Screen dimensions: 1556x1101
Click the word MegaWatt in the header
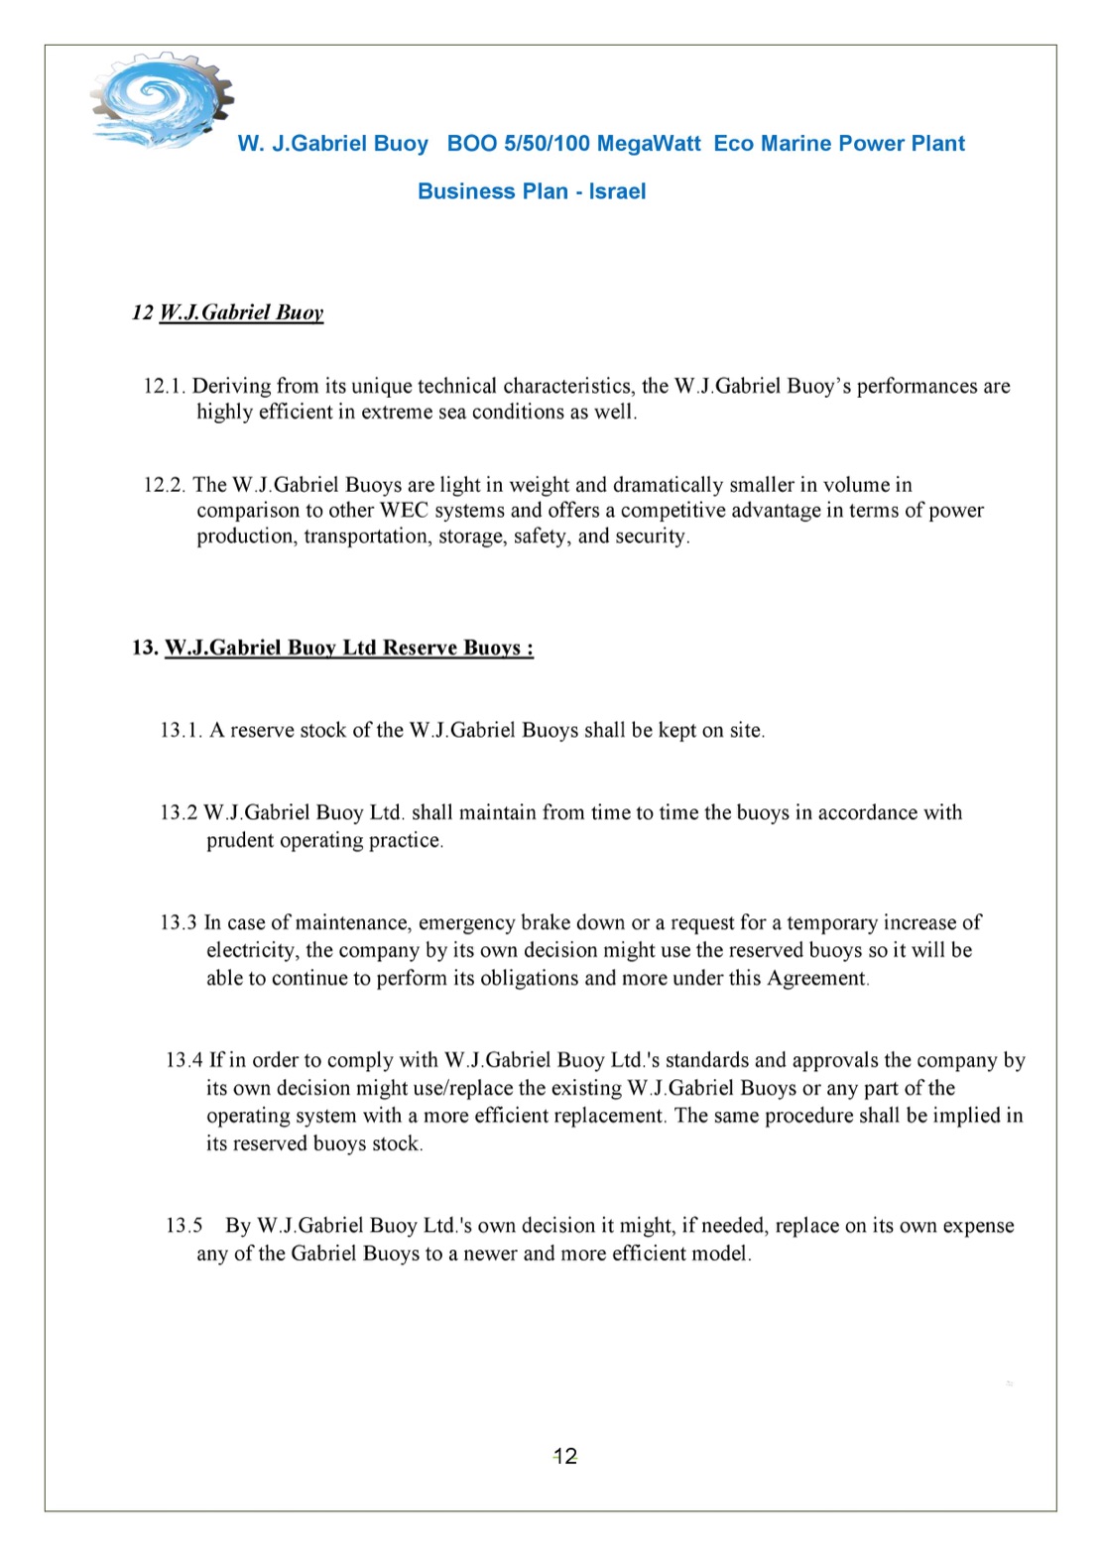[649, 144]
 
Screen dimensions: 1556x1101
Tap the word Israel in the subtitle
[617, 191]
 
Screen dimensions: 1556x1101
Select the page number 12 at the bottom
[565, 1456]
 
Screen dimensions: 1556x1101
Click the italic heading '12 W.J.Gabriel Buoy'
[228, 312]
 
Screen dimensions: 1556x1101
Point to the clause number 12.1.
[165, 386]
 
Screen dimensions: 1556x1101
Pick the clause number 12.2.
[165, 485]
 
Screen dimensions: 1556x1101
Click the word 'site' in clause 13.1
[746, 731]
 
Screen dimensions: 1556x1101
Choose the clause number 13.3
[179, 923]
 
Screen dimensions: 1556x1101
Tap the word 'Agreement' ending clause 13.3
[816, 979]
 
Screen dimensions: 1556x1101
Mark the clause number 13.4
[183, 1061]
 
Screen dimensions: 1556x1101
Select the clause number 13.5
[183, 1226]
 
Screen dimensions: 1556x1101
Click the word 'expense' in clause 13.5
[978, 1226]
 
